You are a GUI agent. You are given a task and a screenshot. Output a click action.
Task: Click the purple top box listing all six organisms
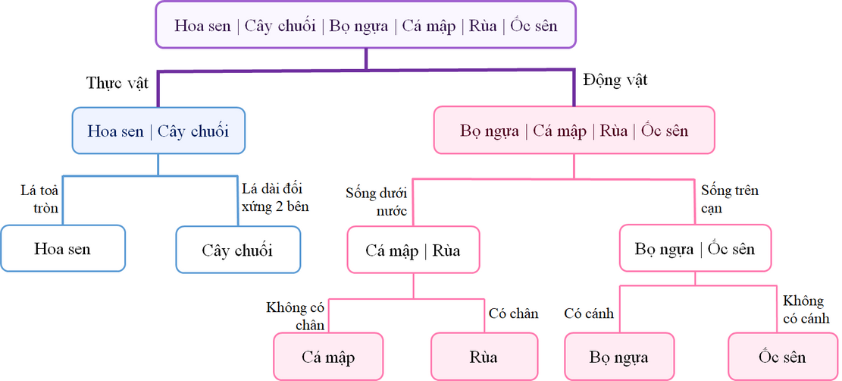coord(366,25)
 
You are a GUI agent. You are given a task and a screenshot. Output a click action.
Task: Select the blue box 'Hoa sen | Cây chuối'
coord(158,131)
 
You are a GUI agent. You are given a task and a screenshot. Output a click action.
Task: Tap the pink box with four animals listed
coord(574,131)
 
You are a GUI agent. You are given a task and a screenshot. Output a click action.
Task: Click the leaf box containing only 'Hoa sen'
coord(62,248)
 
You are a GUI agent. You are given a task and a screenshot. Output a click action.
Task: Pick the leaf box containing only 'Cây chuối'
coord(237,250)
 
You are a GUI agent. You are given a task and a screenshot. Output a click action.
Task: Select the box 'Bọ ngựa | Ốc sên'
coord(694,248)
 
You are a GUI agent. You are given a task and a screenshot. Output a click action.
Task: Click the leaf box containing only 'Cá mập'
coord(328,356)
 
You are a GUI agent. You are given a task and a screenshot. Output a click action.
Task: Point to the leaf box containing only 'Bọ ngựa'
coord(620,356)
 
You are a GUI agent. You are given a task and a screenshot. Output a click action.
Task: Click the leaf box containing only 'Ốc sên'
coord(781,356)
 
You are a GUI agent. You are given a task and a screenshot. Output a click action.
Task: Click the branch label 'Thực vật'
coord(117,83)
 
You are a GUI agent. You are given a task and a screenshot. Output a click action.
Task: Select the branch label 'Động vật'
coord(615,79)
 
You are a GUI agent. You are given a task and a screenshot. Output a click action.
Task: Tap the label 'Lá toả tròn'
coord(40,199)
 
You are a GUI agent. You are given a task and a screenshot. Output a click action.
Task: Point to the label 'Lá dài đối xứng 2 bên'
coord(274,197)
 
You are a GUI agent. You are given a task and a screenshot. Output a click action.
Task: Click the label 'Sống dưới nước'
coord(377,201)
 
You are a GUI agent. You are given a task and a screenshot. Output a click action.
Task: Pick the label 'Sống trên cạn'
coord(729,198)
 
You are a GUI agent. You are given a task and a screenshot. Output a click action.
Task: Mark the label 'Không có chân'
coord(296,316)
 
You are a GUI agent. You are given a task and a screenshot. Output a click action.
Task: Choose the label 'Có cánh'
coord(589,313)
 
